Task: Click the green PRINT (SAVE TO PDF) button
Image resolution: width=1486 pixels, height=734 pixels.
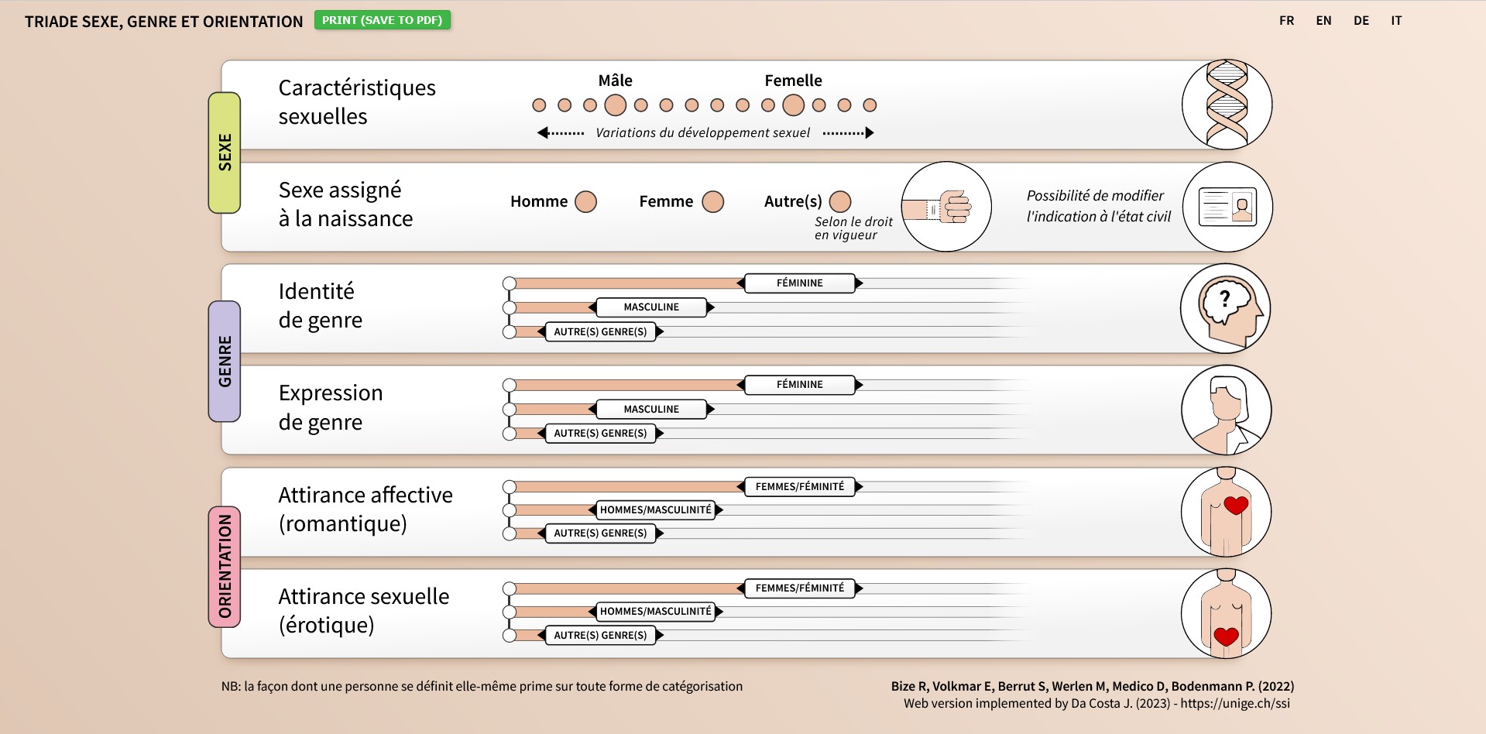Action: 383,20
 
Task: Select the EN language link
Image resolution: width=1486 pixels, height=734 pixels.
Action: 1323,21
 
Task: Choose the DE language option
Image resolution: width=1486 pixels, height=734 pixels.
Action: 1361,21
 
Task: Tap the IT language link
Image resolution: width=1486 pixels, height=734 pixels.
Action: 1396,21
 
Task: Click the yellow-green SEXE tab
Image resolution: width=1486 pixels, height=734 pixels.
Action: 225,153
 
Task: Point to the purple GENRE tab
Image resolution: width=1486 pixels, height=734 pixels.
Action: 225,362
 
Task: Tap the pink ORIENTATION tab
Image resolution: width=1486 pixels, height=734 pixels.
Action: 225,567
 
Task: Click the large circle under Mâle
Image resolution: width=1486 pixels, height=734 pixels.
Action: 615,105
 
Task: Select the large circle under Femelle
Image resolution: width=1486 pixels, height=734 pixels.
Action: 793,105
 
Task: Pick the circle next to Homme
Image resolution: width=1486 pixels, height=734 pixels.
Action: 586,202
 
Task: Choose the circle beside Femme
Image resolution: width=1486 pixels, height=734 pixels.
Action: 712,202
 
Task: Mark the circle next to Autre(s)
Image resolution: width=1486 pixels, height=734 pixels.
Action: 840,202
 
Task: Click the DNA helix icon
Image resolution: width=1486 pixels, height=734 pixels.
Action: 1227,105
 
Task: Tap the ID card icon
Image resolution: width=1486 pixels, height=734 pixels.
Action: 1227,207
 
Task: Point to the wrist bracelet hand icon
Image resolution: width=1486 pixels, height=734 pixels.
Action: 946,207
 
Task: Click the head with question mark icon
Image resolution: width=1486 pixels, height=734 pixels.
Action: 1226,308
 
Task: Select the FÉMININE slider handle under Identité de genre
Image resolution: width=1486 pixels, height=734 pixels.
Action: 800,283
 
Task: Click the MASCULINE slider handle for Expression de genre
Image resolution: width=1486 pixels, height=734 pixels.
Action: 651,409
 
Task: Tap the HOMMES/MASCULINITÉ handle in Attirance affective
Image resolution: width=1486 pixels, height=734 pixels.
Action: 656,509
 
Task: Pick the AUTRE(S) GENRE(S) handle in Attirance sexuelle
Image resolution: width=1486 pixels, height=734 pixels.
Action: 600,636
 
